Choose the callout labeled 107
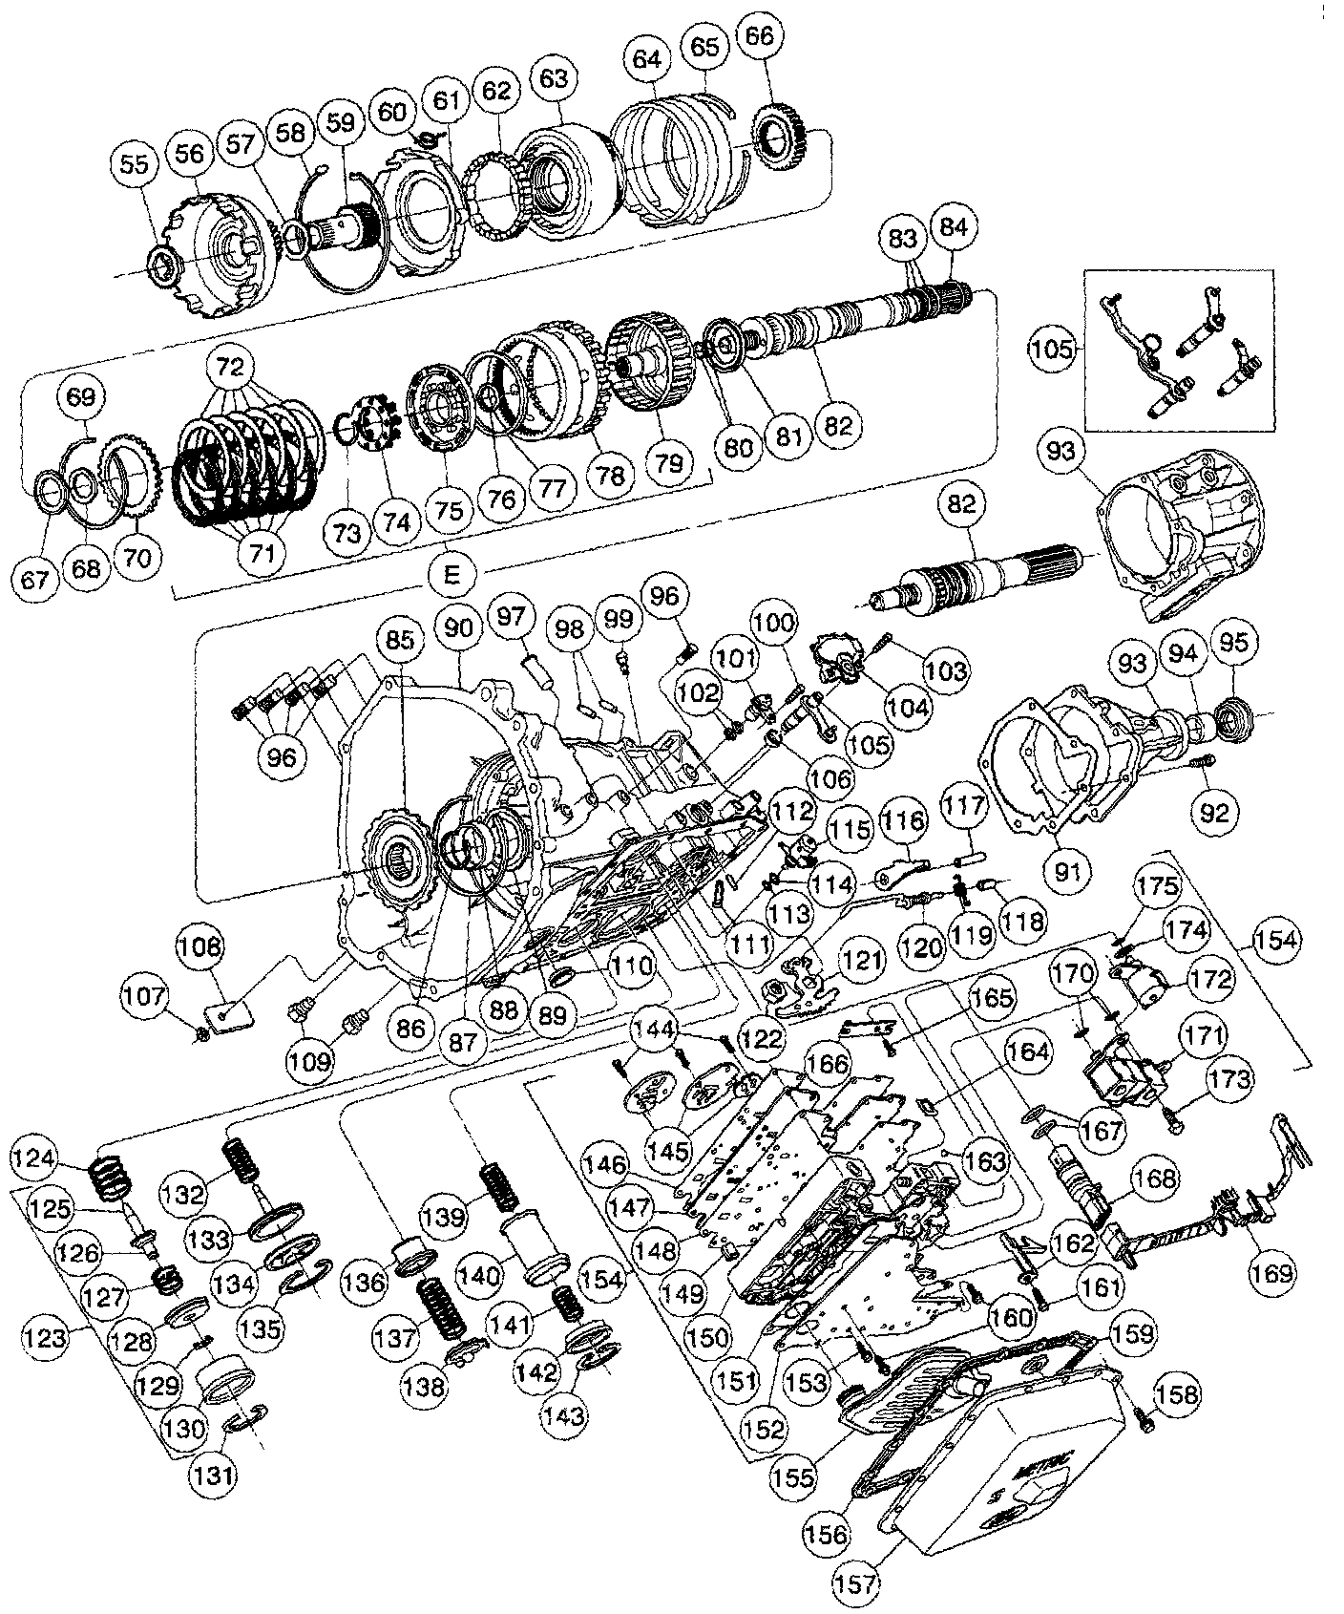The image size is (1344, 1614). pyautogui.click(x=144, y=998)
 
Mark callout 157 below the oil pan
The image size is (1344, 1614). pyautogui.click(x=855, y=1582)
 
